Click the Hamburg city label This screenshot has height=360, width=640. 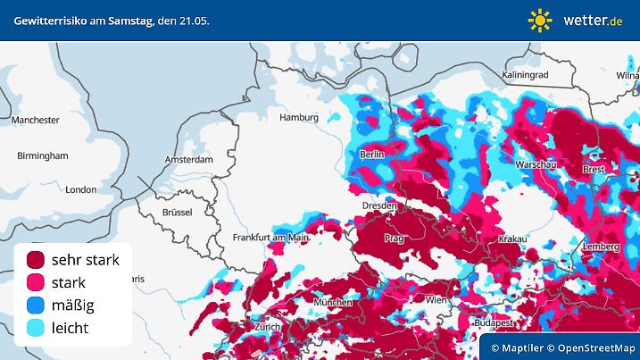299,117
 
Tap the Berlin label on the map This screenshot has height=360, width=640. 371,155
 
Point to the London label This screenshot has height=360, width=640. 80,189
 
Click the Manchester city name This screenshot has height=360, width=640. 36,120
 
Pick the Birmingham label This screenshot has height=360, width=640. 42,155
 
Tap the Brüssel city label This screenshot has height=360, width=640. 178,212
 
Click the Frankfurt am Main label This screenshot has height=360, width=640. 270,238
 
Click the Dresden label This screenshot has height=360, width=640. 378,205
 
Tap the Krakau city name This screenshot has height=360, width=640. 513,239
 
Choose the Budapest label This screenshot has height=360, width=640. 491,322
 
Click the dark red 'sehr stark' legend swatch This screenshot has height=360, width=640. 36,260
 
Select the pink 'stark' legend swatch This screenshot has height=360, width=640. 36,283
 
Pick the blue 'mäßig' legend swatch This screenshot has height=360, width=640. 36,306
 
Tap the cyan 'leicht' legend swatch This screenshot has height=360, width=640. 36,329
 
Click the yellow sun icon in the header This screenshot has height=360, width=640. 540,20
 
